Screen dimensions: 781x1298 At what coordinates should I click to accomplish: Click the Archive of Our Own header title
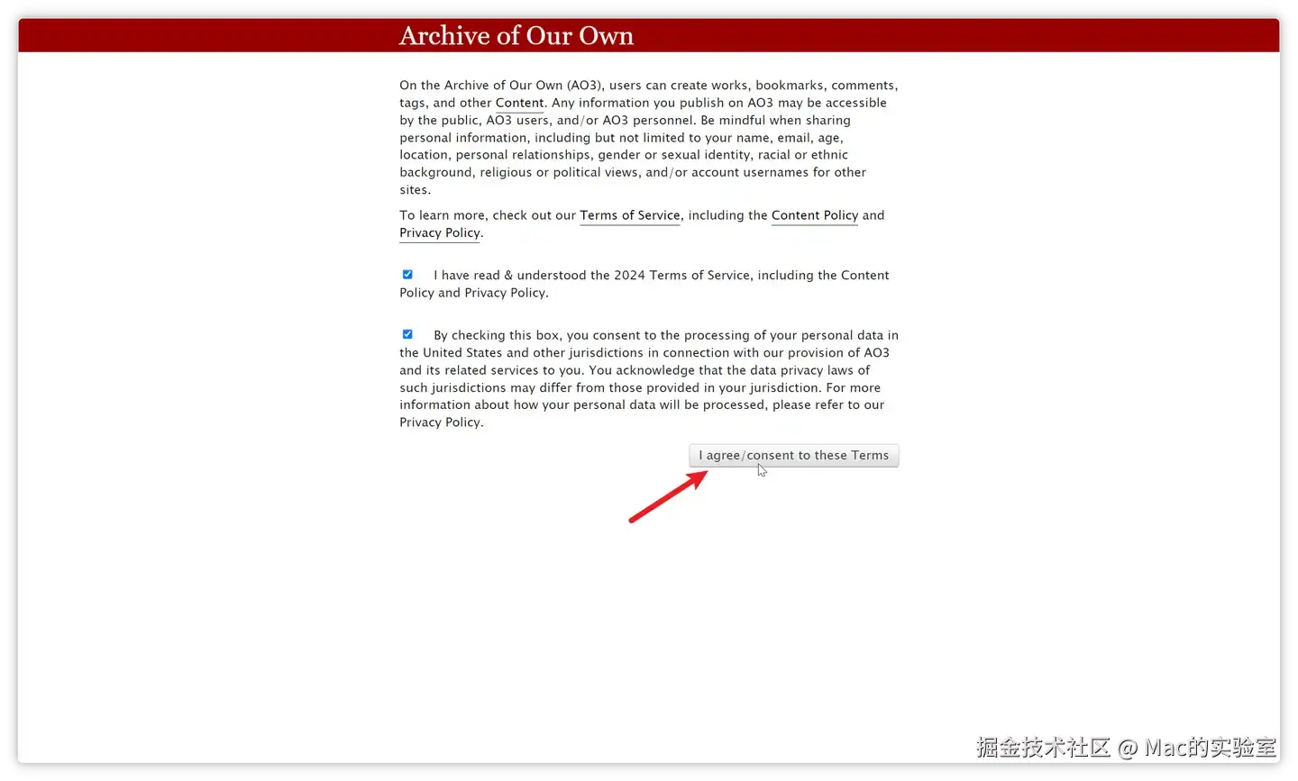pyautogui.click(x=516, y=36)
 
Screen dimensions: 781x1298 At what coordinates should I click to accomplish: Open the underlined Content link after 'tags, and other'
pyautogui.click(x=519, y=103)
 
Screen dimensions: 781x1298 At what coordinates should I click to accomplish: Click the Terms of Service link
pyautogui.click(x=629, y=215)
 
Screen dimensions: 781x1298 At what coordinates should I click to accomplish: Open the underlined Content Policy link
pyautogui.click(x=814, y=215)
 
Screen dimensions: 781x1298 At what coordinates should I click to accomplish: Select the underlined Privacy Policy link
pyautogui.click(x=440, y=232)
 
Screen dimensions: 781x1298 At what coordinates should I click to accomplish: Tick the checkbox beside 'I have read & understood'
pyautogui.click(x=407, y=275)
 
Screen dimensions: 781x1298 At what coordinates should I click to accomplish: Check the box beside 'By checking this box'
pyautogui.click(x=407, y=334)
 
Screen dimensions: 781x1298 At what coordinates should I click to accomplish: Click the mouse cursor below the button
pyautogui.click(x=762, y=470)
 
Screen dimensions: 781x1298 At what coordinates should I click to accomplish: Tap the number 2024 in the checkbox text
pyautogui.click(x=629, y=276)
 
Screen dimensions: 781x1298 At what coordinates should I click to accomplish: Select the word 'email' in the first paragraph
pyautogui.click(x=793, y=138)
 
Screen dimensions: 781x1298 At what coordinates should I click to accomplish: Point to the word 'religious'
pyautogui.click(x=506, y=172)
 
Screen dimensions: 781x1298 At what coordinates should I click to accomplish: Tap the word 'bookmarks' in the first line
pyautogui.click(x=790, y=86)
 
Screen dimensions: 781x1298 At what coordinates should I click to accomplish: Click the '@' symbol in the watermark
pyautogui.click(x=1128, y=748)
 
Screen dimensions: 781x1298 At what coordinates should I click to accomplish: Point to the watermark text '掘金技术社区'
pyautogui.click(x=1043, y=748)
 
